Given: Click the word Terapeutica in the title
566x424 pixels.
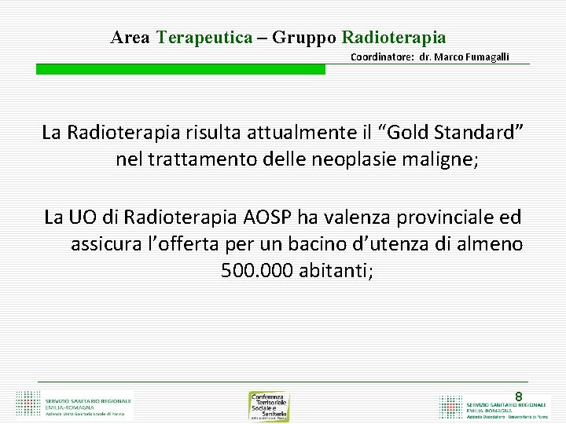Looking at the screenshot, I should [204, 37].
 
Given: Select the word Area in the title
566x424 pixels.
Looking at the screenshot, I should [130, 37].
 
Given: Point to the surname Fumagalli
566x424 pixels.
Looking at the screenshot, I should [481, 57].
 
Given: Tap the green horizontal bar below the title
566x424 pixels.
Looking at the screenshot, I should [180, 69].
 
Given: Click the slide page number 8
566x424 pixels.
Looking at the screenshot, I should [518, 397].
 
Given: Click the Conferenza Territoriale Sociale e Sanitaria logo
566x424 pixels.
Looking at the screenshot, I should [269, 406].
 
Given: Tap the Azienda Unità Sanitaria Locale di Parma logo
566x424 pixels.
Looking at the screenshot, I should [75, 404].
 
